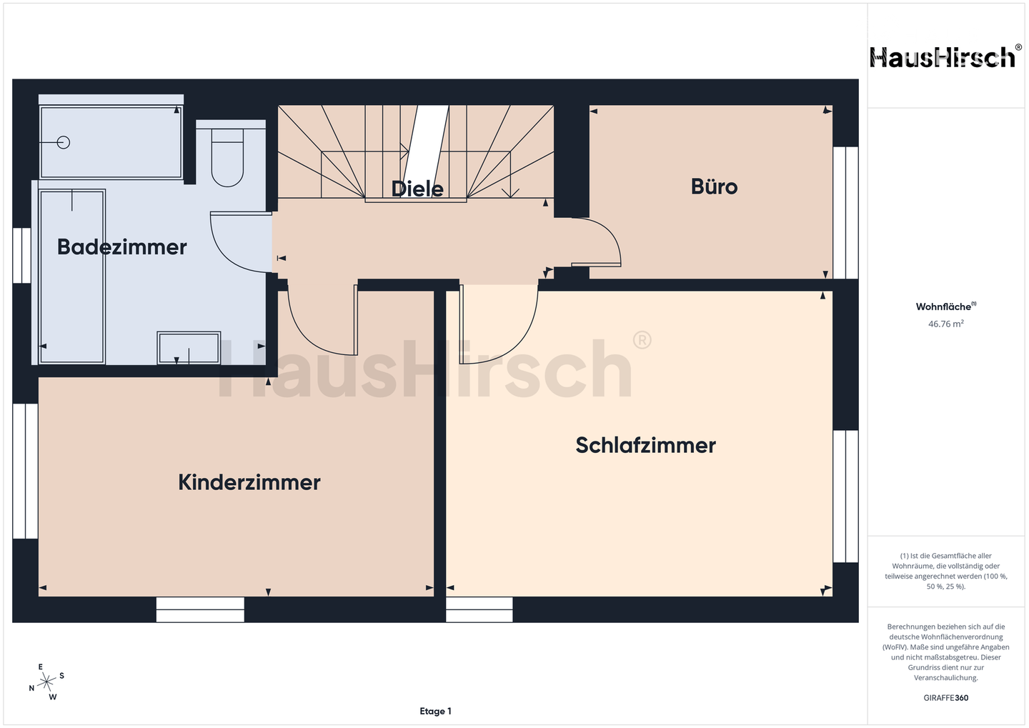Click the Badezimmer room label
[121, 247]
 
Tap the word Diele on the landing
[417, 189]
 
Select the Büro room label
[714, 187]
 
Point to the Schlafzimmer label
[645, 446]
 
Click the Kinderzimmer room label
[249, 483]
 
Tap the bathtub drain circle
[64, 142]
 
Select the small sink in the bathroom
[189, 348]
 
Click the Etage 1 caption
[435, 712]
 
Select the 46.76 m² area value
[945, 324]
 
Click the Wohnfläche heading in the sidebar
[945, 307]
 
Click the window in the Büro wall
[845, 212]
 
